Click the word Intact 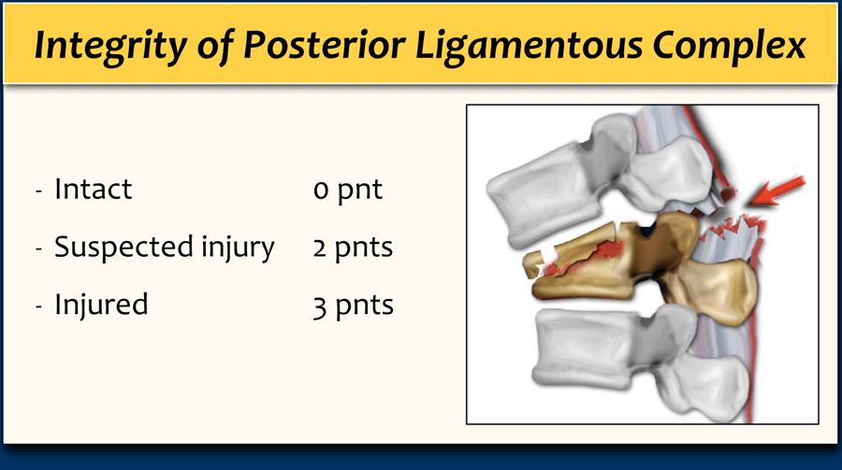coord(93,189)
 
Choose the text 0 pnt coord(348,191)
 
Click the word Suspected coord(124,248)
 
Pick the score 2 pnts coord(353,249)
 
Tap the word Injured coord(101,306)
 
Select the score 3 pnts coord(354,306)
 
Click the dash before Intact coord(38,191)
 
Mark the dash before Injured coord(38,306)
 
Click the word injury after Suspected coord(238,249)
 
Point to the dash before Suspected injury coord(38,249)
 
